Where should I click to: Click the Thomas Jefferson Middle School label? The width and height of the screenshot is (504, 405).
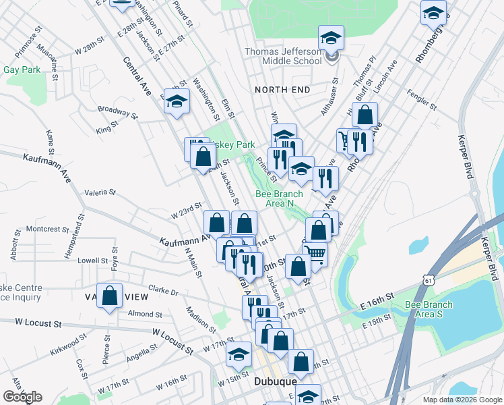tap(283, 56)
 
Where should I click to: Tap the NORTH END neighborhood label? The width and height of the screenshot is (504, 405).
tap(282, 90)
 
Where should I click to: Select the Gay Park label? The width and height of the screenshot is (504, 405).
tap(22, 70)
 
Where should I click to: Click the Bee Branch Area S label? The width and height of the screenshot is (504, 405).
tap(429, 309)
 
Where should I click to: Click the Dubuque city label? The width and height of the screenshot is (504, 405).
tap(276, 381)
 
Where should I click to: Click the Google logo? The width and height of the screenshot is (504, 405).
tap(22, 397)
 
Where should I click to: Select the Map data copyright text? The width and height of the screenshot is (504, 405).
tap(462, 400)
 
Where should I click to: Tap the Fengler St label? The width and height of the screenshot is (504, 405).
tap(418, 99)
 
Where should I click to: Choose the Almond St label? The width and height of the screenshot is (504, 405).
tap(141, 314)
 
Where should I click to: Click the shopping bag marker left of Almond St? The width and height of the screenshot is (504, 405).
tap(110, 296)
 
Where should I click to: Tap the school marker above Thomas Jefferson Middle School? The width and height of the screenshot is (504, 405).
tap(331, 38)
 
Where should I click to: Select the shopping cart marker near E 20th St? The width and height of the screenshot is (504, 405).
tap(315, 254)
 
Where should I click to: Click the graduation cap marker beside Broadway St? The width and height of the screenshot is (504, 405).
tap(177, 103)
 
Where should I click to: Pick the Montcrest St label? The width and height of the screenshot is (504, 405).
tap(43, 229)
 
